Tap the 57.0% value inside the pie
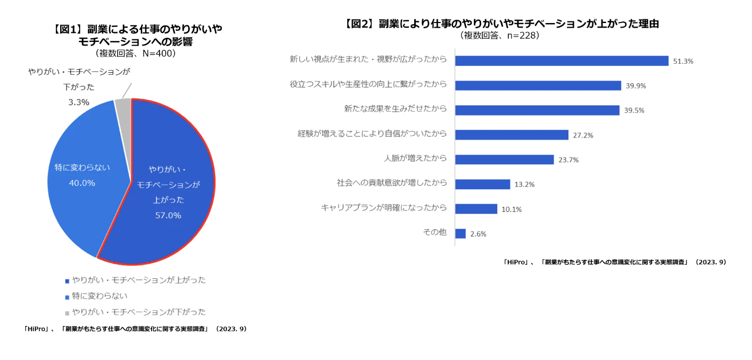168,215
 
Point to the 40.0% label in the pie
82,183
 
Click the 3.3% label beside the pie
79,103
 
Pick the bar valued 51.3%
562,61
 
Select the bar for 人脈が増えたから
504,160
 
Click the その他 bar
460,233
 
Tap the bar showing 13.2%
482,184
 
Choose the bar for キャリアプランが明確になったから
476,209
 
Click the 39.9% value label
635,86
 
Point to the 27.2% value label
583,135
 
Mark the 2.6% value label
478,234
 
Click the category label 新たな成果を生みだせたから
395,109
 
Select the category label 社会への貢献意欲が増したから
392,183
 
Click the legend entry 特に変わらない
99,296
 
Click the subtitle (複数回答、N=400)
135,53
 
